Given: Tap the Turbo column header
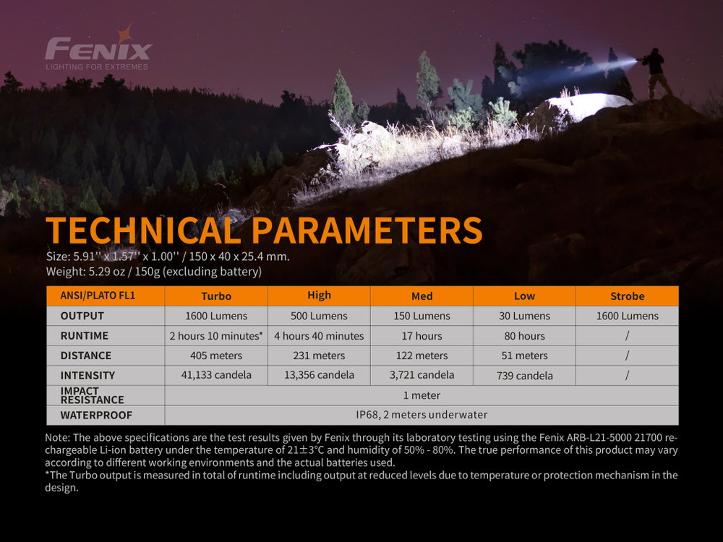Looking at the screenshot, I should [x=216, y=296].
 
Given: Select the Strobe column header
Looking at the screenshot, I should [x=627, y=296].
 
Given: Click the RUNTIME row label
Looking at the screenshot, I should [x=85, y=336].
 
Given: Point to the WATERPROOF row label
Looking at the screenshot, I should [x=96, y=416].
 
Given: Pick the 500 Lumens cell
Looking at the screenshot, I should [x=319, y=316].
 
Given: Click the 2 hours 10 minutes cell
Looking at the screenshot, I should [x=215, y=336].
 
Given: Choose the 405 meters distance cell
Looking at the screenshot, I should [x=216, y=356].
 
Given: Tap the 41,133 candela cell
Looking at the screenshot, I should [x=216, y=375].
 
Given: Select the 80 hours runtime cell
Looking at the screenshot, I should [x=524, y=336].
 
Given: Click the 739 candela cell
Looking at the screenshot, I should [x=524, y=376].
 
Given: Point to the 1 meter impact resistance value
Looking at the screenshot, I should [x=422, y=395].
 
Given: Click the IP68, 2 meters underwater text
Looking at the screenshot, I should [x=422, y=415].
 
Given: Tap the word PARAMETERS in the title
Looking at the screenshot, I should [x=367, y=231].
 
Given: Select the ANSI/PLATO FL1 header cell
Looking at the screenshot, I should [x=98, y=296].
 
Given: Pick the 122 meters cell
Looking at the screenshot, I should [x=422, y=356].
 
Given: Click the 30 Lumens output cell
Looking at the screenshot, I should [x=524, y=316].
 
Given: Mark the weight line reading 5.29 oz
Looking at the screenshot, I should [x=153, y=272].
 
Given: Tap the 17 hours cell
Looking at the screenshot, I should [x=422, y=336].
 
